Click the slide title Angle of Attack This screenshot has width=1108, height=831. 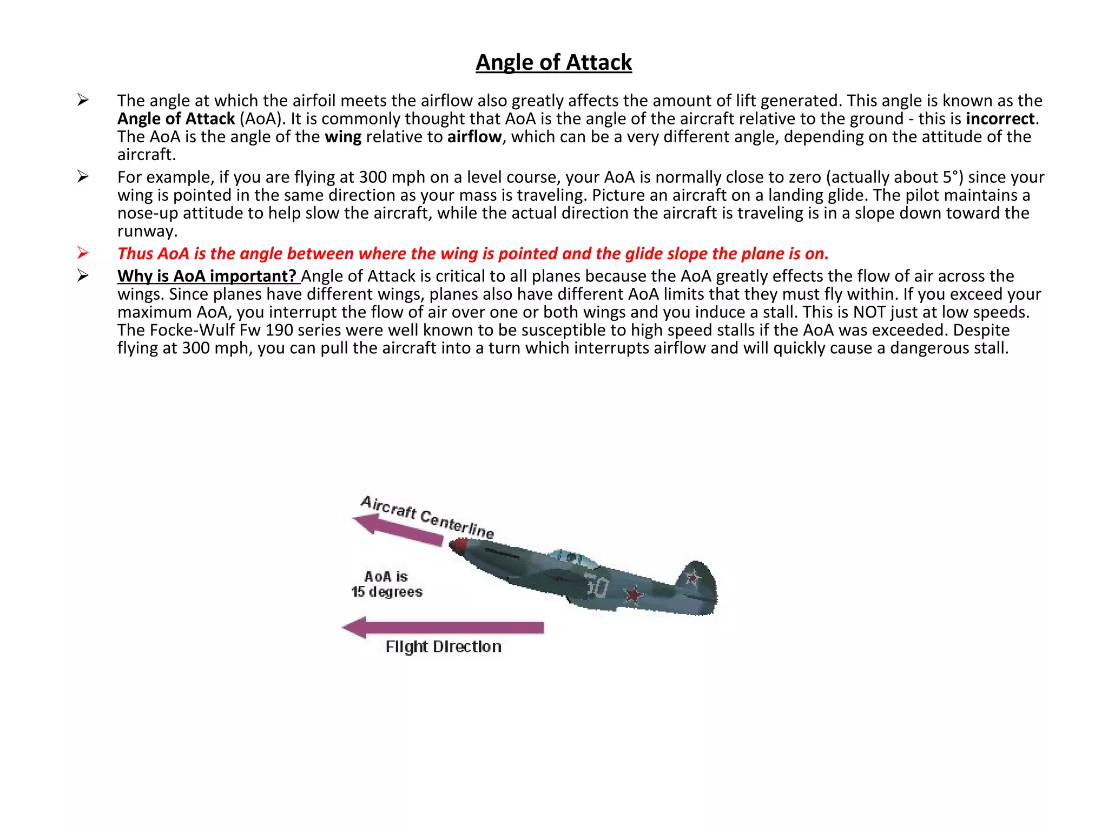tap(553, 62)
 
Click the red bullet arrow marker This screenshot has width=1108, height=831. tap(83, 253)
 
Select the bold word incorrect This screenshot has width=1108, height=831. tap(1000, 118)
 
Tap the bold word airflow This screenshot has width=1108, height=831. tap(474, 136)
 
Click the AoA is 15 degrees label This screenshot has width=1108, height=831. tap(386, 584)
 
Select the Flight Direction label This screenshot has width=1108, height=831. tap(443, 647)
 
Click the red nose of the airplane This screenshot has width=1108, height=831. tap(456, 548)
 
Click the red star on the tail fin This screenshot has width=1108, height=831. tap(692, 578)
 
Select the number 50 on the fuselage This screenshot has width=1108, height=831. tap(597, 586)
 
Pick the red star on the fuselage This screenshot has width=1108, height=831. tap(633, 595)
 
